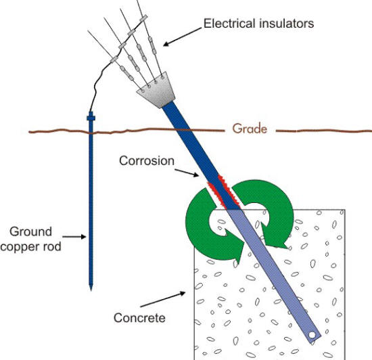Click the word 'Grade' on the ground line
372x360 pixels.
pyautogui.click(x=250, y=128)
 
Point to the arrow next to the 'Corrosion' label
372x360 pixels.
pyautogui.click(x=191, y=174)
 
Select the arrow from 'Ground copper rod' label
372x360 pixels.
pyautogui.click(x=76, y=236)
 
